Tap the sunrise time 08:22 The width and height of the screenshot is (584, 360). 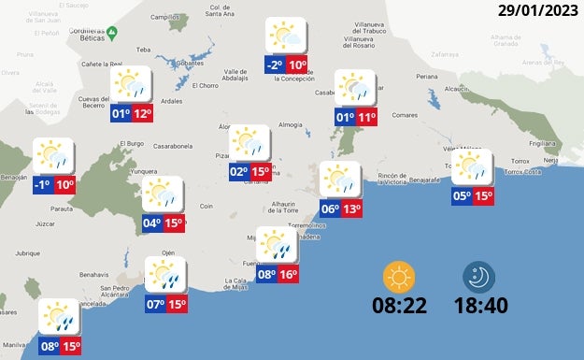point(401,306)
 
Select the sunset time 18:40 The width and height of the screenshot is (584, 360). point(480,306)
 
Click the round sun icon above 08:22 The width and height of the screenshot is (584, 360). point(400,277)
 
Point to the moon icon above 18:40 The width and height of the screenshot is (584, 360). point(479,277)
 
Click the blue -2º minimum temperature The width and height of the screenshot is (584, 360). point(274,65)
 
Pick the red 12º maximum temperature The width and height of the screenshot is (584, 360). point(142,114)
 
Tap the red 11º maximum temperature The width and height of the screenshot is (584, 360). point(366,118)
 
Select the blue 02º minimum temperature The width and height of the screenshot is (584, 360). point(238,171)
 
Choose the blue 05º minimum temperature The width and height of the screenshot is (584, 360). point(462,196)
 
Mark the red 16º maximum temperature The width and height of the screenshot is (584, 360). point(288,275)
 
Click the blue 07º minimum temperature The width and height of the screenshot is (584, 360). point(155,304)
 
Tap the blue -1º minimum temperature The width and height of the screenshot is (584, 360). point(41,185)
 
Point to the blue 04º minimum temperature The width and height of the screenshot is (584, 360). point(152,223)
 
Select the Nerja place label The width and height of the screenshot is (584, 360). point(551,162)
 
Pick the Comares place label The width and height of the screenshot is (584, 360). point(404,115)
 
